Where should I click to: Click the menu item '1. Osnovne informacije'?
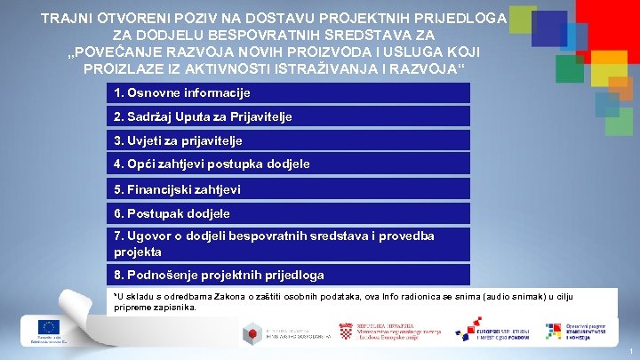[x=182, y=93]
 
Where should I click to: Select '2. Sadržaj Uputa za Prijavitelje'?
[x=203, y=117]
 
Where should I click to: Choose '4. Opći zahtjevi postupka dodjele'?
[x=212, y=164]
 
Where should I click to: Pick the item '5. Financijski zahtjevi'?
[x=177, y=189]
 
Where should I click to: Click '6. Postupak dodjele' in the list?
[x=172, y=213]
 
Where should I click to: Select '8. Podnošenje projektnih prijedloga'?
[x=219, y=276]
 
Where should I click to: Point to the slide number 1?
[x=629, y=352]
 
